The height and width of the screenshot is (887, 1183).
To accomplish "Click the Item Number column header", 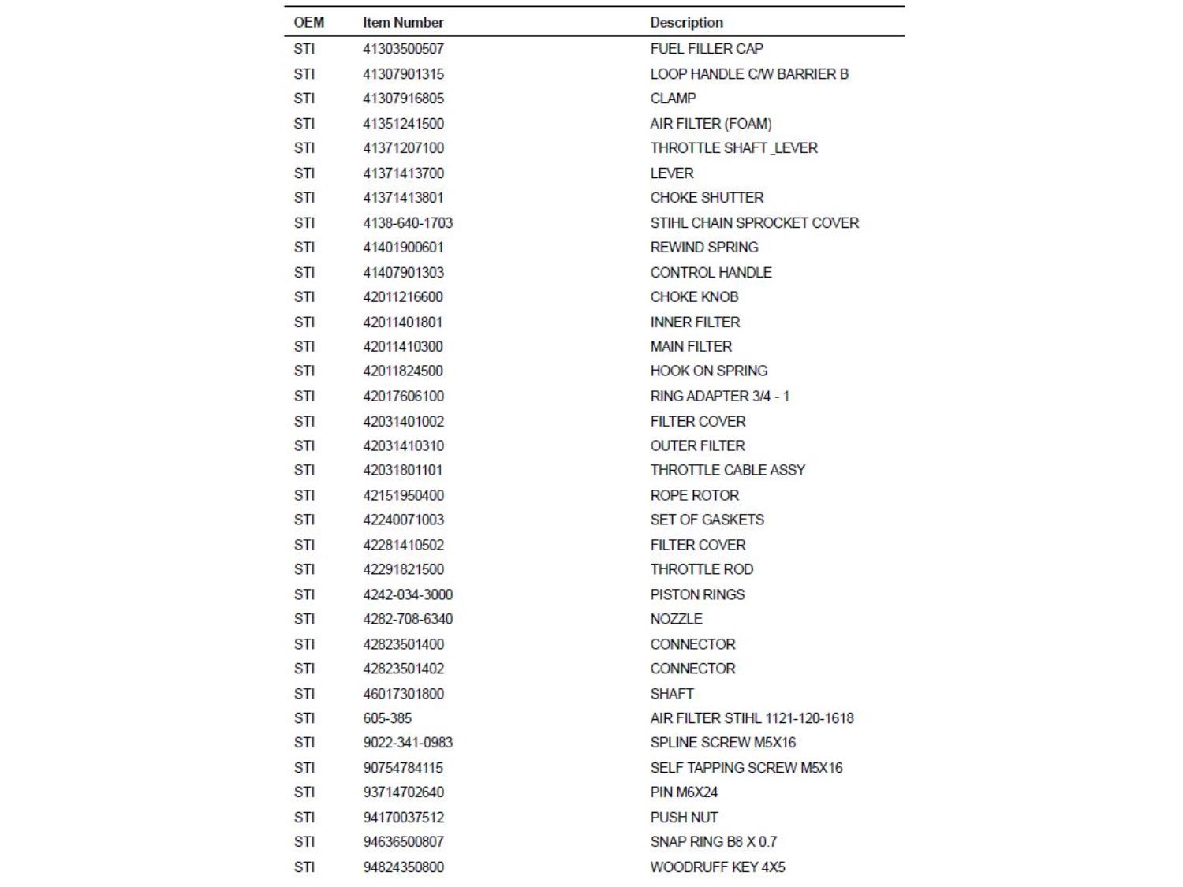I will [x=403, y=23].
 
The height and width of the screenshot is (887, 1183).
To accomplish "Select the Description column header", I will [x=686, y=23].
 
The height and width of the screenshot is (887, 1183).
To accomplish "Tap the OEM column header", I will [x=308, y=23].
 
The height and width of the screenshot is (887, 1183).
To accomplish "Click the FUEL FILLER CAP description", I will [x=707, y=49].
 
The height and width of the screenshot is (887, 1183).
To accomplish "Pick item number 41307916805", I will [x=403, y=99].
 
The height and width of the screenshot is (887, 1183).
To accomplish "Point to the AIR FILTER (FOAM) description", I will [x=711, y=124].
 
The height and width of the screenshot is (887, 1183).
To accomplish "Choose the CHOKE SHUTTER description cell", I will [x=707, y=198].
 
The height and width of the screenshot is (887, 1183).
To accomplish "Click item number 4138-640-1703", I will [x=408, y=223].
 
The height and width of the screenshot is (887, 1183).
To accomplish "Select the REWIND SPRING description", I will [x=704, y=248].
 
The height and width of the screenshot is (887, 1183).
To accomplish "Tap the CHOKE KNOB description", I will [x=694, y=297].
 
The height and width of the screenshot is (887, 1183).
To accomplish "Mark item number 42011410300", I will [x=403, y=347].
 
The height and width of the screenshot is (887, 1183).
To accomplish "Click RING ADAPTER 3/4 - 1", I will [x=719, y=397].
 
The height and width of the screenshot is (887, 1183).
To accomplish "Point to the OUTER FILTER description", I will [x=697, y=446].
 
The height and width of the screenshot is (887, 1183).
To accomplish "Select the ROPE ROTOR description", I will [x=695, y=496].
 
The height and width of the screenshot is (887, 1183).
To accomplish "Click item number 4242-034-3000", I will [x=408, y=595].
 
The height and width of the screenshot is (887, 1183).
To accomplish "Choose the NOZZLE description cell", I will [x=676, y=620].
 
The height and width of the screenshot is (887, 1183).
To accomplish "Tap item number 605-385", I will [x=387, y=718].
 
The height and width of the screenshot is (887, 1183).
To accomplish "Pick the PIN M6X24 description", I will [x=684, y=792].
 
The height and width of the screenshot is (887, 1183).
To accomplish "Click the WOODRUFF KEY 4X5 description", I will [x=718, y=867].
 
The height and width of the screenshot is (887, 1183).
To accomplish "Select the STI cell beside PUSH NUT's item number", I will [x=304, y=818].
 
